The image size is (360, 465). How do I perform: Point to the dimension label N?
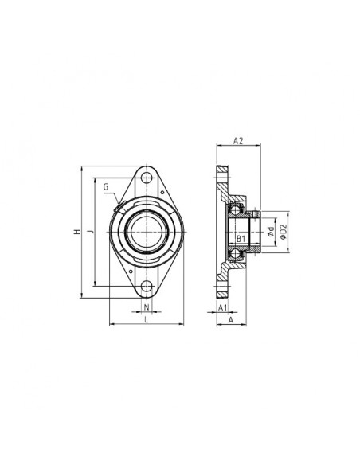click(x=146, y=307)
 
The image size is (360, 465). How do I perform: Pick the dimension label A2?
click(x=238, y=141)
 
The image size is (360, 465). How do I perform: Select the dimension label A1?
click(x=223, y=307)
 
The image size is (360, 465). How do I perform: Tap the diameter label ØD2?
click(x=283, y=232)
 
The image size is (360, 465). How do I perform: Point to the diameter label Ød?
click(x=271, y=232)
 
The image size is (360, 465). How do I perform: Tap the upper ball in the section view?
click(x=235, y=209)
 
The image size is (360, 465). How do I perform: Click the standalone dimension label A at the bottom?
click(x=230, y=321)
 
